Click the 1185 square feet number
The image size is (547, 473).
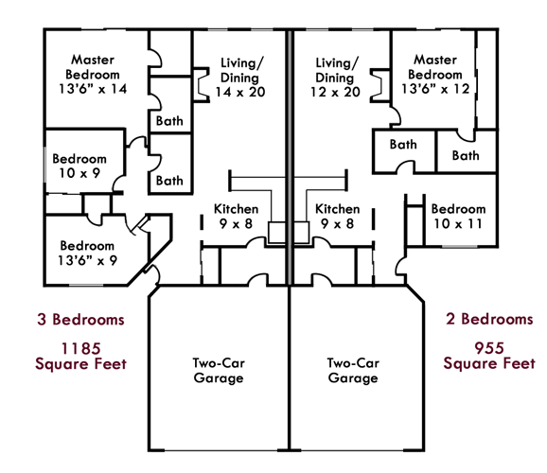(81, 348)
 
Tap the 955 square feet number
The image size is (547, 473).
(489, 348)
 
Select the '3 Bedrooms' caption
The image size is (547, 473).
(81, 320)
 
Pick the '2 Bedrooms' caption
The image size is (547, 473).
(489, 319)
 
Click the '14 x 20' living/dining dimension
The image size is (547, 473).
(240, 92)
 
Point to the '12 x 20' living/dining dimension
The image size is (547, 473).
(335, 92)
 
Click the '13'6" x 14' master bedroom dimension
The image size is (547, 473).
(93, 89)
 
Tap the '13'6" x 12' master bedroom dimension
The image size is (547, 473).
(435, 89)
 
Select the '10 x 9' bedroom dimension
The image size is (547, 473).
(79, 173)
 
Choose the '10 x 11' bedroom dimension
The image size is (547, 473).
(458, 223)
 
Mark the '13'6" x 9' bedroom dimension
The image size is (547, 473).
(87, 260)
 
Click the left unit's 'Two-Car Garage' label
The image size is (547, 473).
(219, 371)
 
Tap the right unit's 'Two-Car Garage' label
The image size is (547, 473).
(353, 371)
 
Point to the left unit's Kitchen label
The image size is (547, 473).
(237, 209)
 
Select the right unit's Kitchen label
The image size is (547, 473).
(337, 209)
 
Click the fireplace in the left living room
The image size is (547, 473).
(202, 85)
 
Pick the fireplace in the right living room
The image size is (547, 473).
(380, 85)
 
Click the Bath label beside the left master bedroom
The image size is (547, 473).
(169, 121)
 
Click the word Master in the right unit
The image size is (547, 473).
(435, 60)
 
